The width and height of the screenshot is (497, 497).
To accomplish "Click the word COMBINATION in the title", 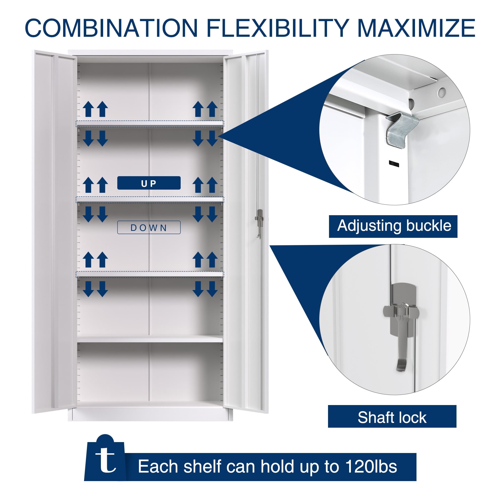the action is tap(111, 28).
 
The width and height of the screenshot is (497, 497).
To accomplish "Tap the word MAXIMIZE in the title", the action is tap(416, 28).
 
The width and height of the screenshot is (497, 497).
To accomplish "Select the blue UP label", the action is tap(149, 183).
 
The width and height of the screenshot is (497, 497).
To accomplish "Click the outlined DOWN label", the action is tap(149, 227).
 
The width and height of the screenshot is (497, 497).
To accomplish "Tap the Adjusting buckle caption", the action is tap(393, 226).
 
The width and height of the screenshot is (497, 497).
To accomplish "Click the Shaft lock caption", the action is tap(392, 417).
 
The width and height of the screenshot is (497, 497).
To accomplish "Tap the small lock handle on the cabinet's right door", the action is tap(259, 223).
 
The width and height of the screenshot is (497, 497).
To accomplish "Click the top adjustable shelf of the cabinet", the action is tap(150, 124).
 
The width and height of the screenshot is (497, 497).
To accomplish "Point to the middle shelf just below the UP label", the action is tap(150, 199).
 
